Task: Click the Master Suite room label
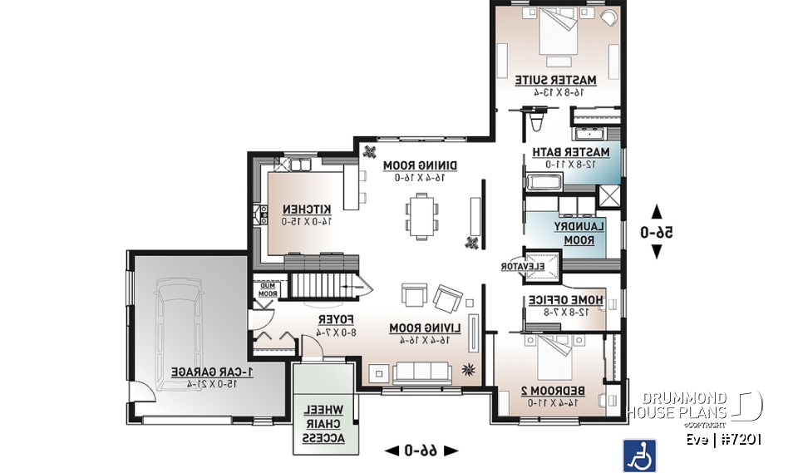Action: (x=555, y=80)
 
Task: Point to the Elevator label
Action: (x=521, y=267)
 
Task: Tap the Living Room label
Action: (x=421, y=328)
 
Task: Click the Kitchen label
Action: (x=307, y=209)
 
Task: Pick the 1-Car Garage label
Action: (x=206, y=372)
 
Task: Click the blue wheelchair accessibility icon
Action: (x=639, y=455)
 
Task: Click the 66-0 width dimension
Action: (x=421, y=451)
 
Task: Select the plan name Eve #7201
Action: (x=723, y=440)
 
